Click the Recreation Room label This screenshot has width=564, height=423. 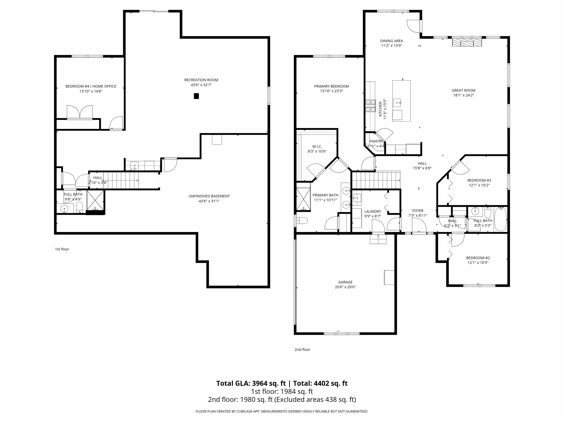(x=201, y=80)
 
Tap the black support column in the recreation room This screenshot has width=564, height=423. (x=196, y=96)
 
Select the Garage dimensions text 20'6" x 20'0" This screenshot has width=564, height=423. (x=345, y=287)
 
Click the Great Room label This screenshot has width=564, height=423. (x=464, y=90)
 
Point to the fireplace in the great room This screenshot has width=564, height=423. (x=467, y=42)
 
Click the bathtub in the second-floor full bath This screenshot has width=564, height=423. (x=501, y=219)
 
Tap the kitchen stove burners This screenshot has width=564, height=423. (x=371, y=106)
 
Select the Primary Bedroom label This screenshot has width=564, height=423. (x=332, y=86)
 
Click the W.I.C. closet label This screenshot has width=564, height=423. (x=317, y=146)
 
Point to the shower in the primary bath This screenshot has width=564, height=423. (x=303, y=199)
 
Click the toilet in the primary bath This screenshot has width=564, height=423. (x=302, y=220)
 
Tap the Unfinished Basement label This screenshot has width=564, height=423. (x=209, y=196)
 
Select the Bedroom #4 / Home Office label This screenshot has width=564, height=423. (x=91, y=86)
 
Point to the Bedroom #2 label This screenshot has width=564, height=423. (x=478, y=258)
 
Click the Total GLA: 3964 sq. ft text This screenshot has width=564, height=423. (x=251, y=383)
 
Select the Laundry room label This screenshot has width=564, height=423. (x=373, y=211)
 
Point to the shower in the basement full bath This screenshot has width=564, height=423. (x=95, y=200)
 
